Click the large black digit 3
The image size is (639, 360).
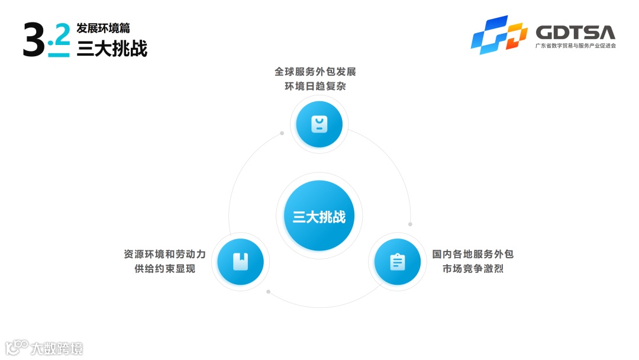(x=33, y=40)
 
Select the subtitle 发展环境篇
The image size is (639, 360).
(x=104, y=28)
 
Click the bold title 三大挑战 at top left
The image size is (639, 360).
(x=112, y=48)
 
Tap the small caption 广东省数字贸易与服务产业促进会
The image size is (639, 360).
(x=575, y=46)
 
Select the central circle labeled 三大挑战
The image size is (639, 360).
(x=319, y=217)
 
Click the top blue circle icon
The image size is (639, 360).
(x=319, y=124)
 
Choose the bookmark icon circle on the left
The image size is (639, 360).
(x=240, y=261)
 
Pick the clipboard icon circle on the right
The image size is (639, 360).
(x=398, y=262)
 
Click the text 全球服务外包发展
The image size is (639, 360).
(x=315, y=72)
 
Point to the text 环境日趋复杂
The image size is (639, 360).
(x=315, y=86)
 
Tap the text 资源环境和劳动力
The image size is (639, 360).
(x=165, y=254)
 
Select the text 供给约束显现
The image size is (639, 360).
(x=165, y=269)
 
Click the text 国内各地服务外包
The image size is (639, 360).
(x=473, y=254)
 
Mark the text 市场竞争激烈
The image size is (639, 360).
(x=473, y=269)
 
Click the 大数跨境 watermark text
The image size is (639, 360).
(x=57, y=348)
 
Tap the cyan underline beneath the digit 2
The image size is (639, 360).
(x=59, y=55)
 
